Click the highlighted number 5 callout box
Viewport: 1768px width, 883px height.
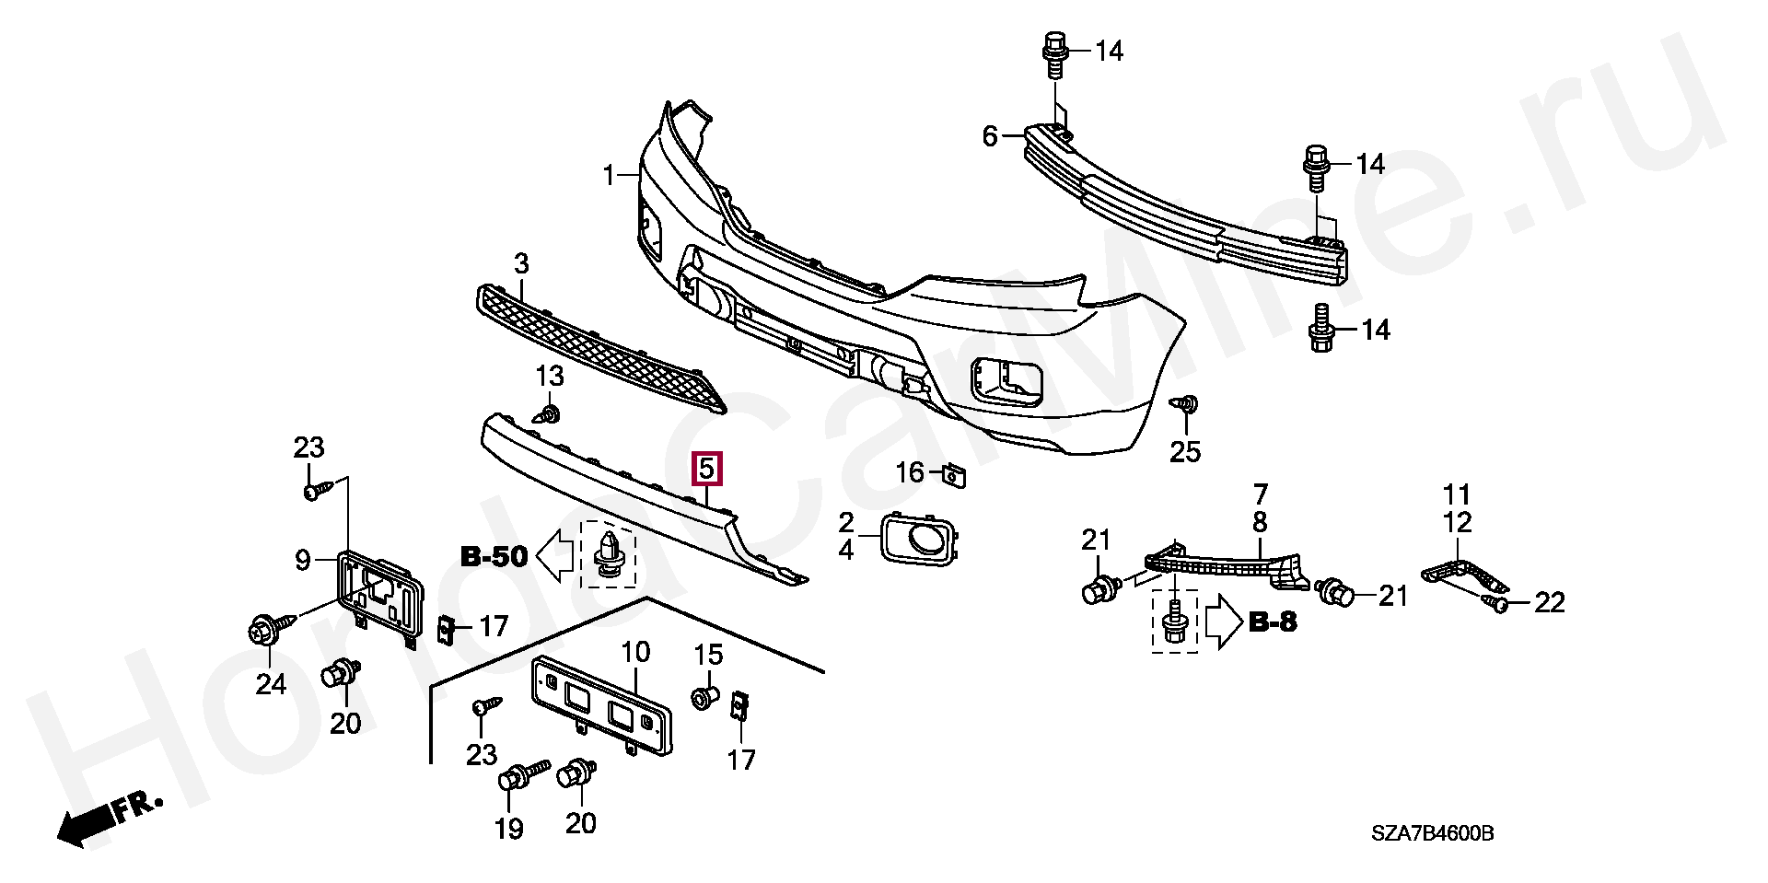[707, 469]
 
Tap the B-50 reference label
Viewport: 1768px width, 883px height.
[494, 556]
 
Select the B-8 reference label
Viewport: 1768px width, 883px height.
[1274, 622]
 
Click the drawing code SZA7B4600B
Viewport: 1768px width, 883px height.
[1432, 834]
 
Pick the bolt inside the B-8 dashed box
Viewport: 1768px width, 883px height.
[1175, 622]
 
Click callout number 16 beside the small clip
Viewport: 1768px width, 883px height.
[910, 472]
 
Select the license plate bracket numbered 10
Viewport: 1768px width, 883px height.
[600, 703]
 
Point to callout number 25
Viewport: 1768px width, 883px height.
[1185, 451]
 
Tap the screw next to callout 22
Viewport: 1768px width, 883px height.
[1496, 604]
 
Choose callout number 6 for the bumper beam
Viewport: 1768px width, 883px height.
[990, 137]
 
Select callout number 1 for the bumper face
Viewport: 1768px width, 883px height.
[609, 174]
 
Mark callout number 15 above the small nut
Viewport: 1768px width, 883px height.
[708, 656]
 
